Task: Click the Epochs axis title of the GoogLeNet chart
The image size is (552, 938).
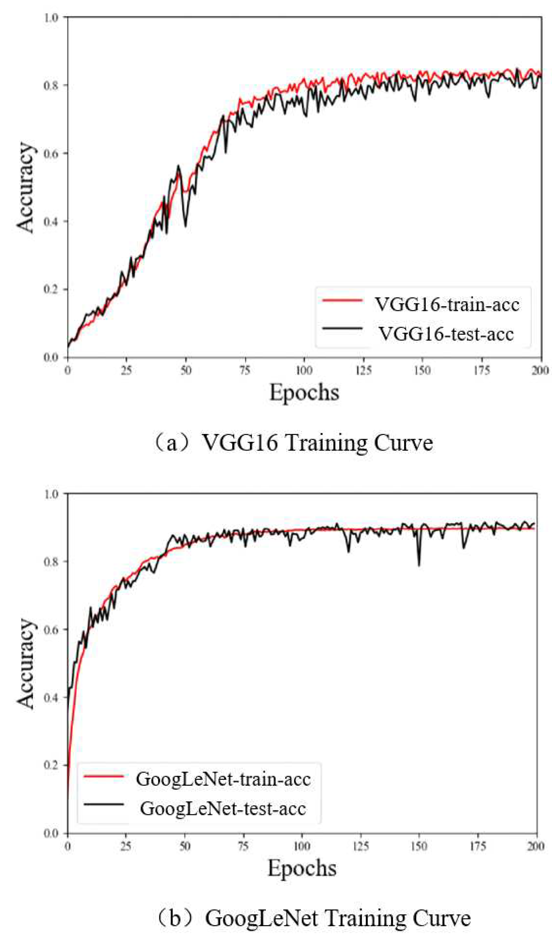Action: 302,869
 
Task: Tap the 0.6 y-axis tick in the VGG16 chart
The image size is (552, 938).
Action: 52,153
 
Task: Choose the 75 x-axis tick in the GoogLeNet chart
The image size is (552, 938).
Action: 243,846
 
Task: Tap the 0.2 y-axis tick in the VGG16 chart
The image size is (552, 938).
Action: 52,290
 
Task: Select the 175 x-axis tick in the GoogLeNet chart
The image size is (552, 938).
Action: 478,846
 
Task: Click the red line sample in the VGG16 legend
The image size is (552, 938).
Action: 342,300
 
